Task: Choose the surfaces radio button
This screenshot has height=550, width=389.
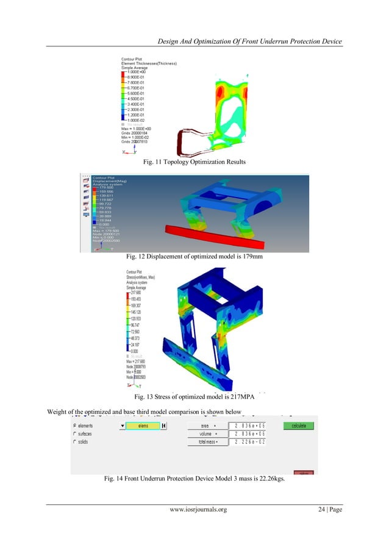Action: coord(75,434)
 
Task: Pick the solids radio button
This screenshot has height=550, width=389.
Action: coord(75,441)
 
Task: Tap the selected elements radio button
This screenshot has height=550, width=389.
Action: coord(75,426)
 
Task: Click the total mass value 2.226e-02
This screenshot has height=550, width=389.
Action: coord(248,441)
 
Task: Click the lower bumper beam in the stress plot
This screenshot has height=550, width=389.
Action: coord(201,359)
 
